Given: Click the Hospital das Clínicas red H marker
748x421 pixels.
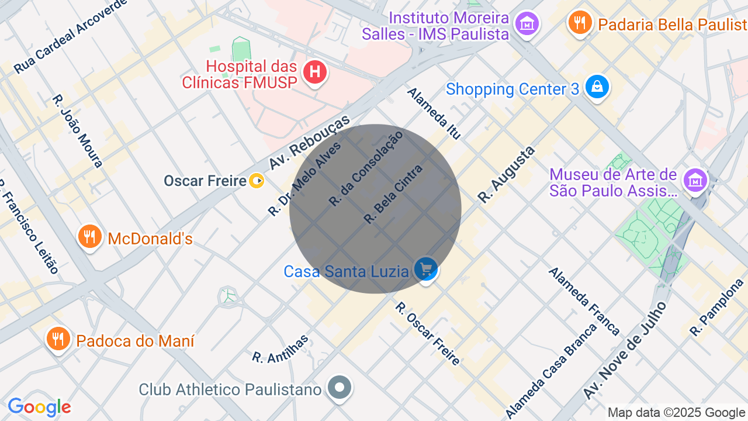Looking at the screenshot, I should tap(315, 73).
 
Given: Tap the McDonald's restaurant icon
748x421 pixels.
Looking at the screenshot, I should tap(89, 237).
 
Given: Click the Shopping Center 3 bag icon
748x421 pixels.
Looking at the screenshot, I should tap(597, 87).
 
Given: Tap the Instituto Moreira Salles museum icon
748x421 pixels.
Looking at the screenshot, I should tap(527, 24).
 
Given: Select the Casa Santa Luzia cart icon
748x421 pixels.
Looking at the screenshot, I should tap(426, 270).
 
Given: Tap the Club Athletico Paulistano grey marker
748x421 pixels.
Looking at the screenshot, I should tap(340, 387).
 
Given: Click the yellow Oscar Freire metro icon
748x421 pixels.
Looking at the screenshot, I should tap(257, 181).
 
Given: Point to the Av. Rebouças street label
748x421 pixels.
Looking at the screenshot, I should tap(309, 142).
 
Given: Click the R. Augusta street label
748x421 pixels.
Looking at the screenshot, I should tap(506, 174).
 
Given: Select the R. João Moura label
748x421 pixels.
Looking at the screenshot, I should tap(78, 131).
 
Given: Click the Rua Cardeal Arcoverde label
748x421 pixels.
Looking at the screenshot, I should tap(70, 37).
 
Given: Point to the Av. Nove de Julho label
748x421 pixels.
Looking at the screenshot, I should tap(625, 350).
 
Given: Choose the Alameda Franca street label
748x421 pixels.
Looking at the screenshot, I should tap(584, 301).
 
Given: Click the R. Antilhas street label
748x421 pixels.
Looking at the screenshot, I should tap(280, 349).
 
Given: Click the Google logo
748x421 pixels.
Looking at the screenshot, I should tap(40, 407).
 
